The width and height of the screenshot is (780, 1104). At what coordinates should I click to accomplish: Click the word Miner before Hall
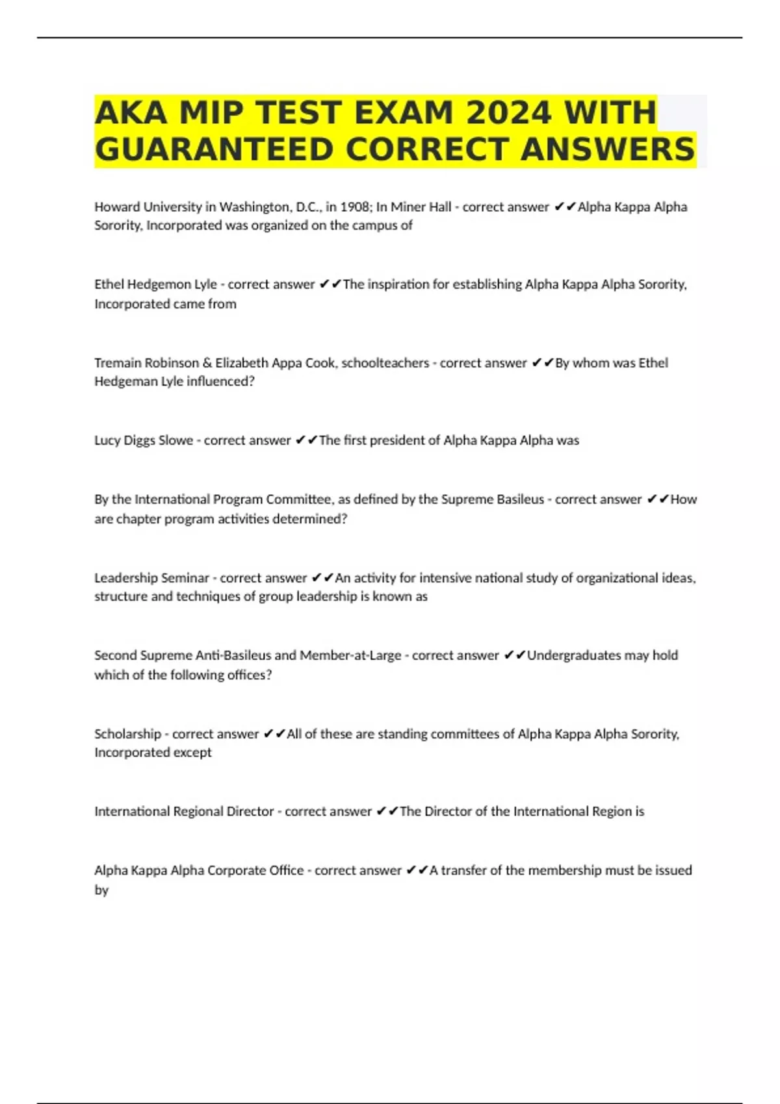tap(408, 207)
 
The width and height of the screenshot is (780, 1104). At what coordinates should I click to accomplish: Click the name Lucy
tap(107, 440)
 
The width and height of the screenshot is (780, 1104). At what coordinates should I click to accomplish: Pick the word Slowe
tap(175, 440)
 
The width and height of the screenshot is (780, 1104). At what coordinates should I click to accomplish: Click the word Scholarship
tap(127, 734)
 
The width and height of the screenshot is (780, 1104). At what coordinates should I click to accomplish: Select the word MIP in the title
tap(211, 112)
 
